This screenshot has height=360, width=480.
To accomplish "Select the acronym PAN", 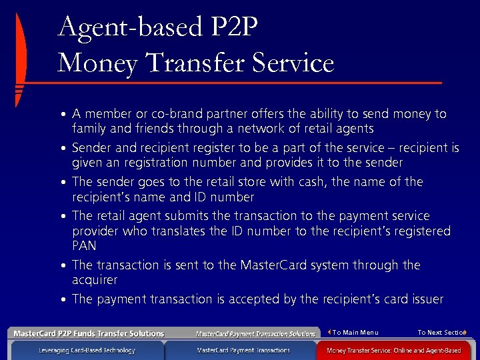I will point(85,247).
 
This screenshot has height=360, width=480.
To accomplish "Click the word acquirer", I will point(95,280).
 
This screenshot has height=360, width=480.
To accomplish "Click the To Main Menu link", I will point(355,333).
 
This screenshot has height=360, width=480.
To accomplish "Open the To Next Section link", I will point(441,333).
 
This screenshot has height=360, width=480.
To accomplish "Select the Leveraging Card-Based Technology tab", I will point(87,350).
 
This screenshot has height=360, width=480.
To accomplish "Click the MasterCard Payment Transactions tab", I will point(243,350).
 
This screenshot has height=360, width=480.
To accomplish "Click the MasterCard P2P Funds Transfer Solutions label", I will point(89,333).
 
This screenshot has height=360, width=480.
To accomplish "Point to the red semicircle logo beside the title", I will point(21,60).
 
